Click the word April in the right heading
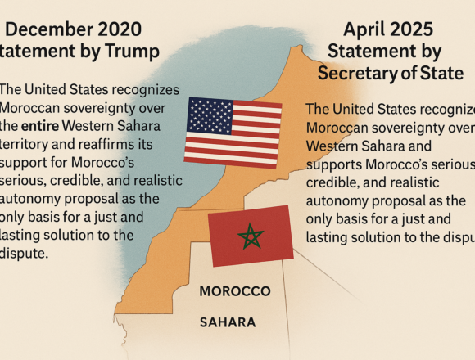point(365,31)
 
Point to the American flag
point(233,130)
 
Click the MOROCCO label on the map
point(235,291)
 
